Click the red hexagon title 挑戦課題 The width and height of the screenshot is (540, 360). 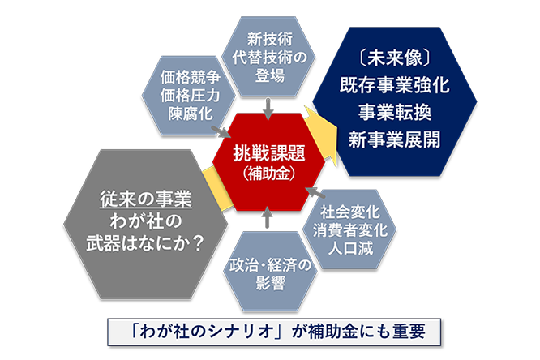tap(269, 152)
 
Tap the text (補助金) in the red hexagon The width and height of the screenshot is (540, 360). tap(269, 174)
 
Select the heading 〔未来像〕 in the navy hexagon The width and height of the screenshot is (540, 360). tap(395, 58)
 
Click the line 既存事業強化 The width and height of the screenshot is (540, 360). tap(395, 85)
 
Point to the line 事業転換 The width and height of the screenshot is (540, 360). tap(395, 113)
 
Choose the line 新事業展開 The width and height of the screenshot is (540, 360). tap(395, 140)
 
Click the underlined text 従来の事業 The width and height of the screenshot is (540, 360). tap(146, 199)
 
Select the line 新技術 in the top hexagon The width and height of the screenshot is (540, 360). tap(270, 39)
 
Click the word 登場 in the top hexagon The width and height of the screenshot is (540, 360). tap(270, 75)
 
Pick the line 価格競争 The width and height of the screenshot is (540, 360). tap(190, 77)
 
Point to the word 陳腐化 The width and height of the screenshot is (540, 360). tap(190, 114)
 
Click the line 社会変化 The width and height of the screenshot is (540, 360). tap(350, 212)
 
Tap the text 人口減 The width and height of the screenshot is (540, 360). tap(350, 248)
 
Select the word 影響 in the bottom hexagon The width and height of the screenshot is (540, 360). tap(270, 283)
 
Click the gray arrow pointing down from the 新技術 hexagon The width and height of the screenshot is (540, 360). tap(268, 109)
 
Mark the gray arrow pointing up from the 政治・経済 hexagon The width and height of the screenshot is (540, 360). tap(268, 217)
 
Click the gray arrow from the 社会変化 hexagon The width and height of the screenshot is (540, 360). tap(315, 193)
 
